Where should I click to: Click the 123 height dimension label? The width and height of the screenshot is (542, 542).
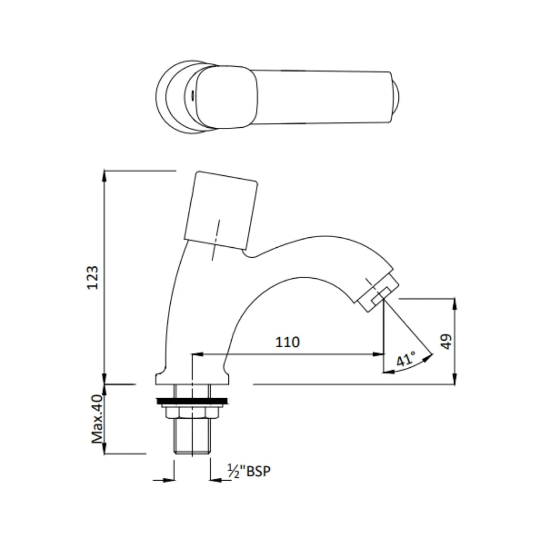click(x=92, y=277)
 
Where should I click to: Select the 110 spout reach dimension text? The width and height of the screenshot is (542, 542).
click(x=287, y=342)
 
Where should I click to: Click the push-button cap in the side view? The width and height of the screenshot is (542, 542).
click(x=221, y=211)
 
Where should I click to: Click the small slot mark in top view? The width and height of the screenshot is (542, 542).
click(x=192, y=95)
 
